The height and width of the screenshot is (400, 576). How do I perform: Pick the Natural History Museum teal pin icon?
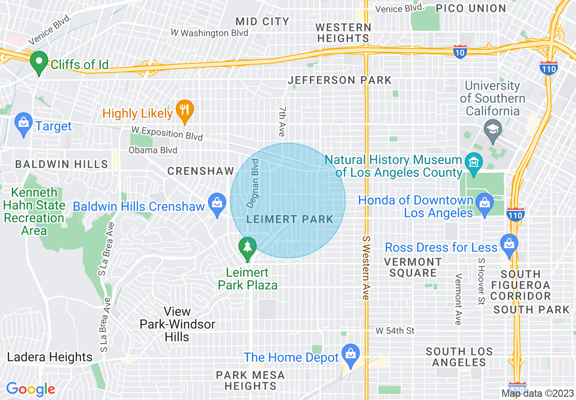click(474, 161)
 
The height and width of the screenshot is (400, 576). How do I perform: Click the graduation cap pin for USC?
click(492, 130)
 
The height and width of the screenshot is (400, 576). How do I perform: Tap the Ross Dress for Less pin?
click(509, 245)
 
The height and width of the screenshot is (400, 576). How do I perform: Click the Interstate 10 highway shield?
click(460, 51)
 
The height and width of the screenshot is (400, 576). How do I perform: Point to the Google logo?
click(30, 389)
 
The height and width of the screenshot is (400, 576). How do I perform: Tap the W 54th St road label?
click(395, 331)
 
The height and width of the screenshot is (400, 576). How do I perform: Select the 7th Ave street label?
click(282, 122)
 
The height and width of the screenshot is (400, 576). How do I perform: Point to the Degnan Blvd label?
click(253, 183)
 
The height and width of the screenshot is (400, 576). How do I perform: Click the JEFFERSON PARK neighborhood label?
click(339, 80)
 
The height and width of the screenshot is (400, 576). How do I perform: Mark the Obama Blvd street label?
click(153, 150)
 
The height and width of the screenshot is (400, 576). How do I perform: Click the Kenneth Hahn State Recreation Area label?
click(34, 211)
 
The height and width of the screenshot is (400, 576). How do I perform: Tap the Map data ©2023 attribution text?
click(537, 393)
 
